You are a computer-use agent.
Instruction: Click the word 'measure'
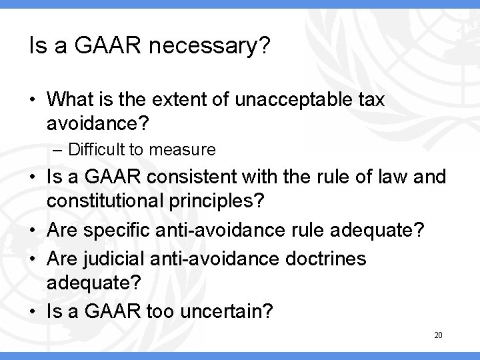point(187,151)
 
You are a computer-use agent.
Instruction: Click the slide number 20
point(438,335)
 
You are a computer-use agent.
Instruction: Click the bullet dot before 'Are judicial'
point(34,259)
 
